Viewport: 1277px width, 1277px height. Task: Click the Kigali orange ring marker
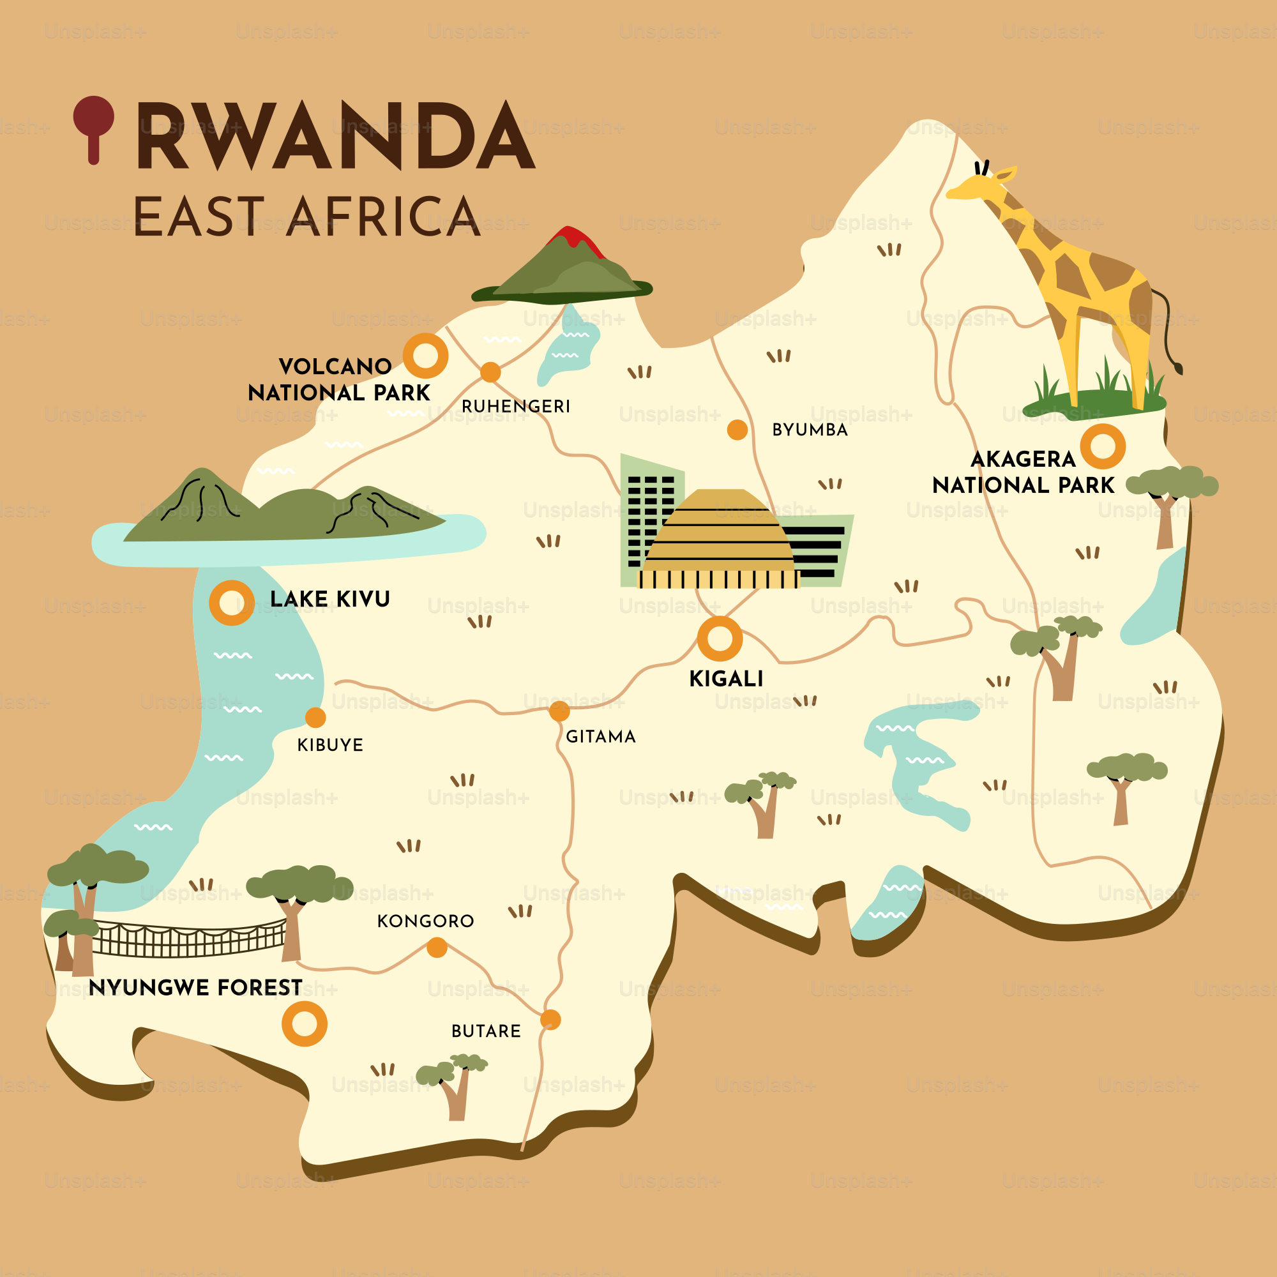click(x=720, y=639)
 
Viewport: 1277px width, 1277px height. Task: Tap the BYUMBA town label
click(x=810, y=430)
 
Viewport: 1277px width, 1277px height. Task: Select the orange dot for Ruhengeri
click(x=490, y=372)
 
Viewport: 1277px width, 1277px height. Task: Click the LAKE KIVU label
click(x=330, y=600)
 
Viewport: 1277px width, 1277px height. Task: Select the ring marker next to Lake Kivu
click(x=231, y=603)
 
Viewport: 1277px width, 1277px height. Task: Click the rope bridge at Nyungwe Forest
click(x=188, y=939)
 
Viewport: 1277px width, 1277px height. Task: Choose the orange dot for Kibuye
click(x=315, y=717)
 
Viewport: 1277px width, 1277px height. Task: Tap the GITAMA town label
click(x=600, y=737)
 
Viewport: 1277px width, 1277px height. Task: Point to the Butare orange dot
click(x=550, y=1020)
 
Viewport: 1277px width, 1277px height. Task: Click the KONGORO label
click(x=426, y=921)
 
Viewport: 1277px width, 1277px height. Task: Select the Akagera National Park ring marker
click(x=1103, y=447)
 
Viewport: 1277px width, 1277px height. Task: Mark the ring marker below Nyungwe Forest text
click(x=305, y=1024)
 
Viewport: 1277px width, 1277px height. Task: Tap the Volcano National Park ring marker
click(x=426, y=356)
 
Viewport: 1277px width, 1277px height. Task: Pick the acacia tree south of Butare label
click(x=454, y=1087)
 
